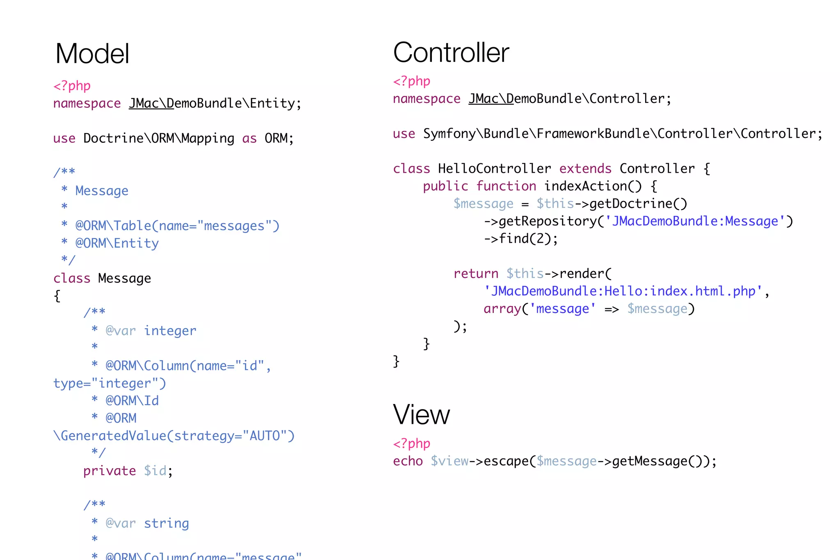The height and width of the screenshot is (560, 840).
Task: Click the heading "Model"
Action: click(92, 54)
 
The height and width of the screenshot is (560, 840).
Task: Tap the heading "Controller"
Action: click(451, 53)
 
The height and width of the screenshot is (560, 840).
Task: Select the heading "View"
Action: click(421, 415)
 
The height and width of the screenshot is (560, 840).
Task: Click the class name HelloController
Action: click(494, 169)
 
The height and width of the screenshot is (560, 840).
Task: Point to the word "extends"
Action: click(585, 169)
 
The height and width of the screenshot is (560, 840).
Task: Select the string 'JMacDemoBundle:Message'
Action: click(695, 222)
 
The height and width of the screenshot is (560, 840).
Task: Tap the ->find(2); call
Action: click(521, 239)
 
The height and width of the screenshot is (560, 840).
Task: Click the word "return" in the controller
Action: click(476, 274)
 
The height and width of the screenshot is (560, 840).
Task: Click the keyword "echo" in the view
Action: click(408, 461)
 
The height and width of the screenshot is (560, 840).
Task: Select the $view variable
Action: click(449, 461)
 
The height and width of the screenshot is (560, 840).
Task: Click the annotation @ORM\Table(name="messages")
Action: click(177, 226)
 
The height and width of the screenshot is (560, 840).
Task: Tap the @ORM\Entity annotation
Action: click(117, 243)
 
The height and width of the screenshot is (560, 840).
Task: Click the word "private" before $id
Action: click(110, 471)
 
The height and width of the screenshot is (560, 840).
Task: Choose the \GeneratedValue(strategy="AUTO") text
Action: click(174, 436)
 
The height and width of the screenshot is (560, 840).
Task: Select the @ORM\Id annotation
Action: click(132, 401)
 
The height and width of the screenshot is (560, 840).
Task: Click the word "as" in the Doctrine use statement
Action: click(249, 139)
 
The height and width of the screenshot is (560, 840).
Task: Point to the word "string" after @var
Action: click(166, 523)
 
